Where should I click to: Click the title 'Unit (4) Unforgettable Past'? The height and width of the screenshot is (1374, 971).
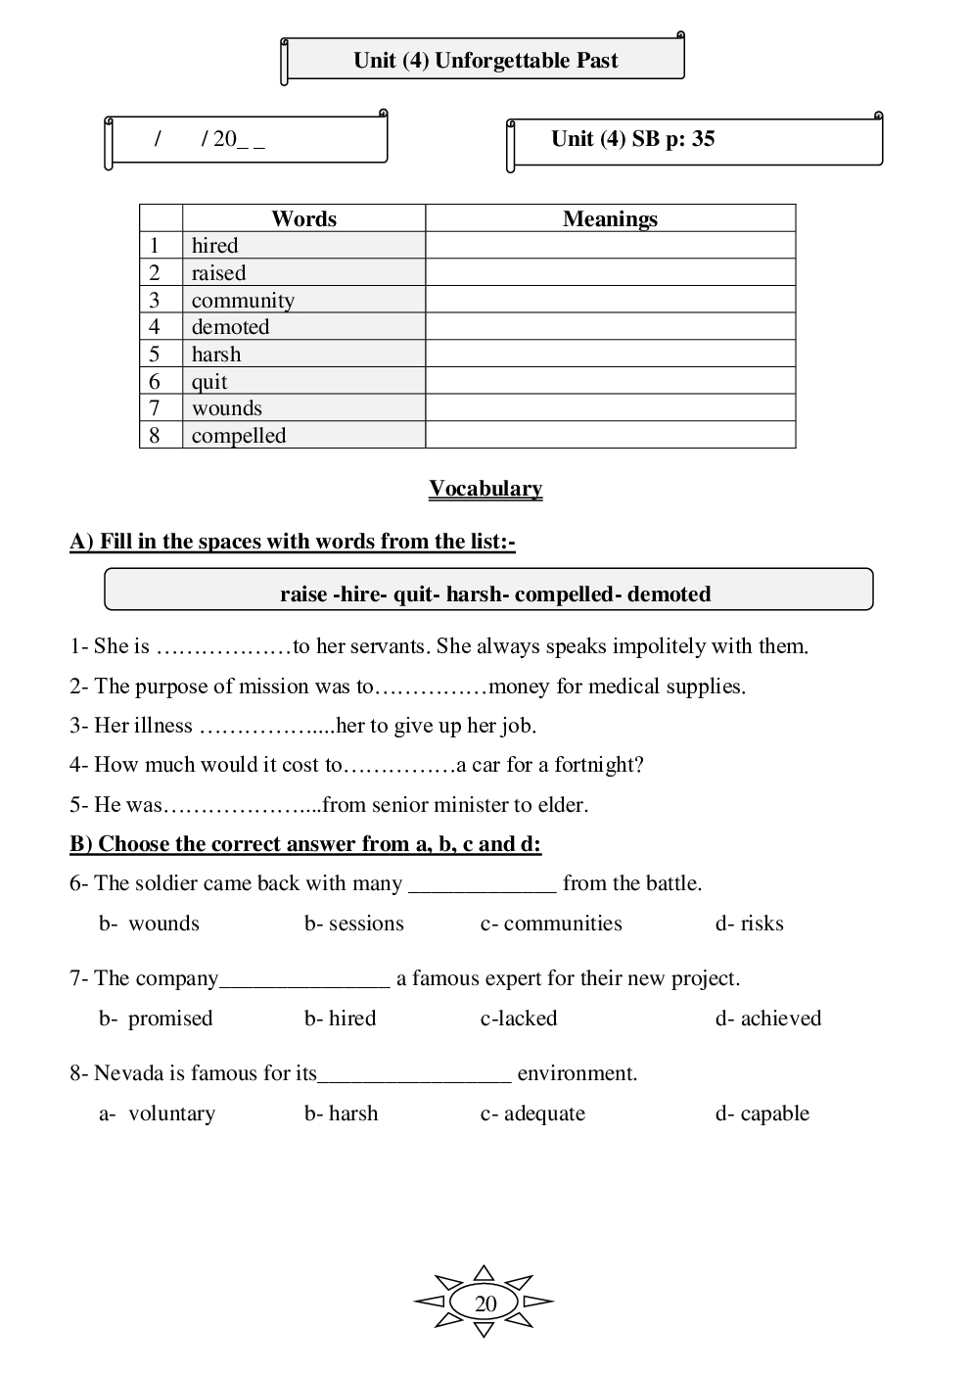[485, 61]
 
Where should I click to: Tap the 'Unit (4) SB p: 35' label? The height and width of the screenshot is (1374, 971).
[632, 139]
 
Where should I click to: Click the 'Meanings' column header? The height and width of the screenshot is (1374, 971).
[610, 219]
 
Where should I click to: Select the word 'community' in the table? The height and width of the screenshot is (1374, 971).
[243, 301]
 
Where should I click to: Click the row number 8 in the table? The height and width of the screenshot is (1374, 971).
[155, 436]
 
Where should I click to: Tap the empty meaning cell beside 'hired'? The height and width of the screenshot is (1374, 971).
[610, 246]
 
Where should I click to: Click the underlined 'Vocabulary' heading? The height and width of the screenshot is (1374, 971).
[485, 489]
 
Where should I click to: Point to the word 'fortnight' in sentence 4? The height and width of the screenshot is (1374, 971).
[598, 765]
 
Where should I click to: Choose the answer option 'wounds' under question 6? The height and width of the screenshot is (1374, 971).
[163, 924]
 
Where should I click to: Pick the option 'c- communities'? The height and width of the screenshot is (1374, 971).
[551, 924]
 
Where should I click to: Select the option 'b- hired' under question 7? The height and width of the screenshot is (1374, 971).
[340, 1019]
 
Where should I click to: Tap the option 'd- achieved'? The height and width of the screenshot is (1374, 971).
[768, 1019]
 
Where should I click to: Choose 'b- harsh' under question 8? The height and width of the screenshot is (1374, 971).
[341, 1113]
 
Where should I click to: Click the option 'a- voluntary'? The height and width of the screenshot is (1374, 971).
[158, 1113]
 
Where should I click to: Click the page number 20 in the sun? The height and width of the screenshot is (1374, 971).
[485, 1303]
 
